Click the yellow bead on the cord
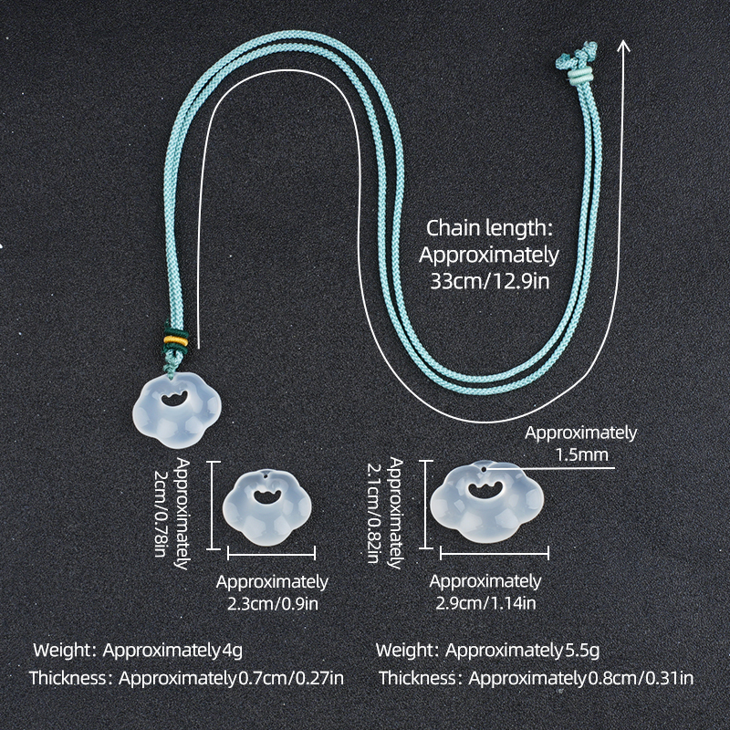pos(176,341)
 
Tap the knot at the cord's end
pos(578,56)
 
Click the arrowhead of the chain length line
pos(623,46)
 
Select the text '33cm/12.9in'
pos(490,281)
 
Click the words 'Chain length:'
pos(489,228)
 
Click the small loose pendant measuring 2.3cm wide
pos(266,507)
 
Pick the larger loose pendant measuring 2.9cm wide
pos(486,501)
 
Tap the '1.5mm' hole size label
pos(582,454)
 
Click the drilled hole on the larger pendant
pos(485,470)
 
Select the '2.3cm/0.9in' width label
pos(273,604)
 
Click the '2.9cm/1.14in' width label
pos(485,603)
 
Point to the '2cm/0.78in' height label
pos(162,513)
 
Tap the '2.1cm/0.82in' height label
pos(373,513)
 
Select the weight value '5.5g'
pos(582,650)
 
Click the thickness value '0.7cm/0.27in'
pos(291,678)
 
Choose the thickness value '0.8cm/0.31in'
pos(641,678)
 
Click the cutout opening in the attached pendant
pos(172,399)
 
